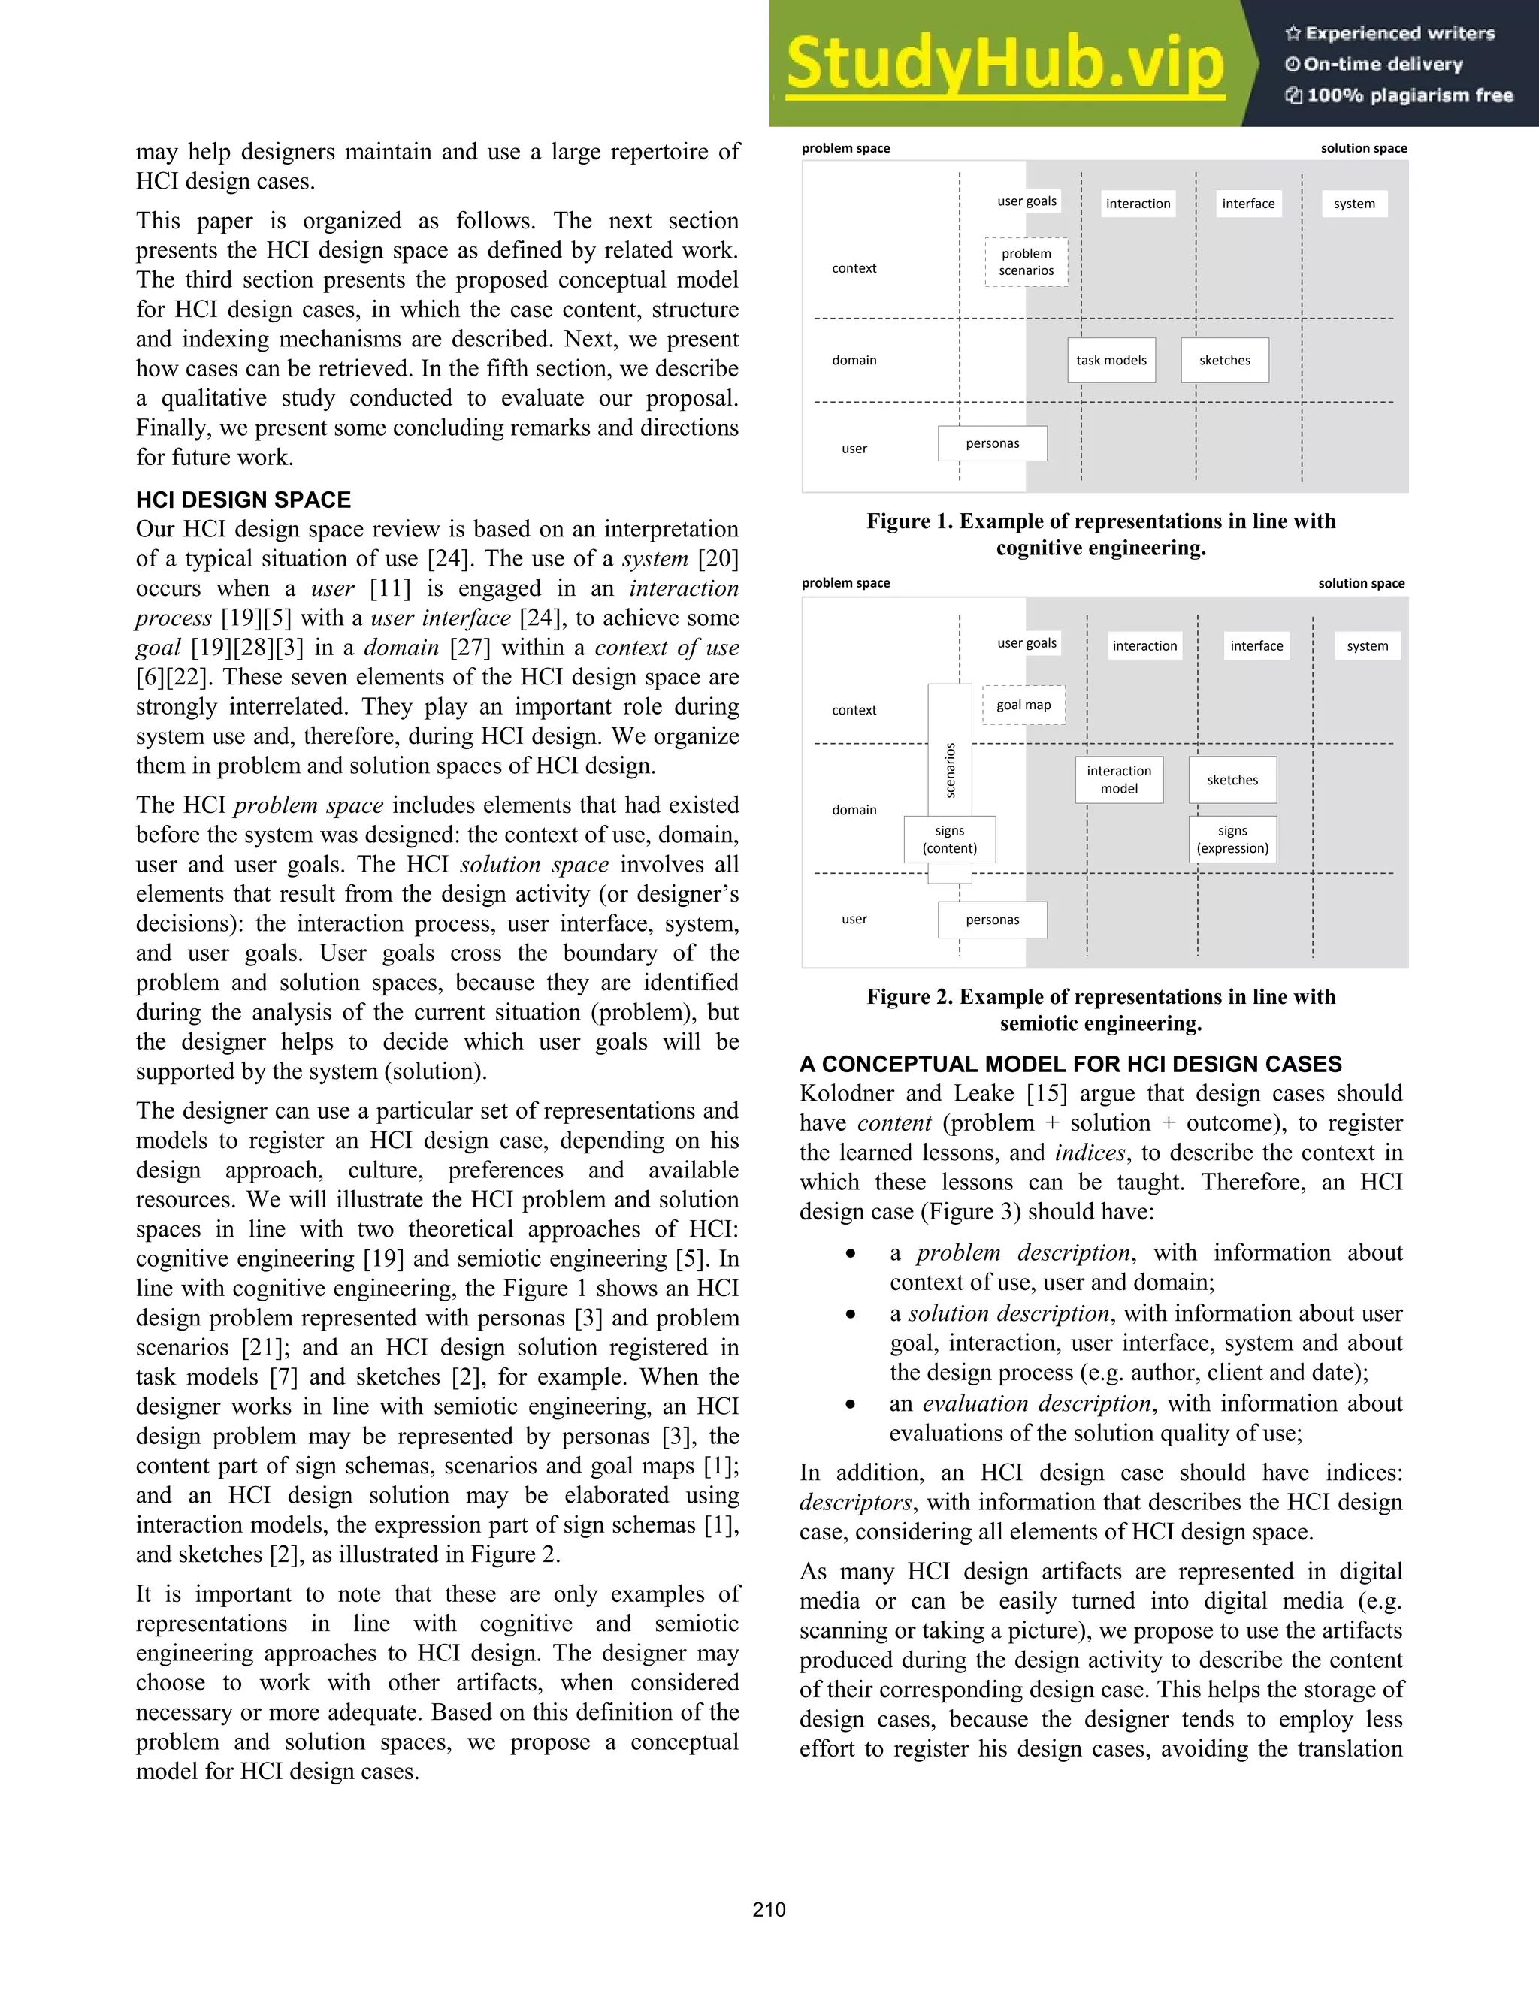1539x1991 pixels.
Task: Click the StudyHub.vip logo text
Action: pyautogui.click(x=1004, y=64)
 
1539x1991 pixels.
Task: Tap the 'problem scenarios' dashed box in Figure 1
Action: pyautogui.click(x=1026, y=262)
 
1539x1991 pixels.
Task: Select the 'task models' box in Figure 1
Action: pyautogui.click(x=1111, y=360)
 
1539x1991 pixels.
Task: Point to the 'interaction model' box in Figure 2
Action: pyautogui.click(x=1119, y=779)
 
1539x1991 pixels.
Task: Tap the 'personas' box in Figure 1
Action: pyautogui.click(x=992, y=443)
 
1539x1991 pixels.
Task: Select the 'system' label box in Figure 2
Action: pyautogui.click(x=1367, y=645)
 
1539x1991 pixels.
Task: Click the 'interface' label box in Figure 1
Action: pyautogui.click(x=1248, y=204)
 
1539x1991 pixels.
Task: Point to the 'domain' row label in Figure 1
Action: pyautogui.click(x=854, y=360)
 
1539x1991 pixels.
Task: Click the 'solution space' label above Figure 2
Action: pyautogui.click(x=1360, y=584)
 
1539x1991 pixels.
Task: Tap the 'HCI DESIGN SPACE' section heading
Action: pyautogui.click(x=243, y=500)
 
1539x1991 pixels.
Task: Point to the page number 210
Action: pyautogui.click(x=769, y=1910)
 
